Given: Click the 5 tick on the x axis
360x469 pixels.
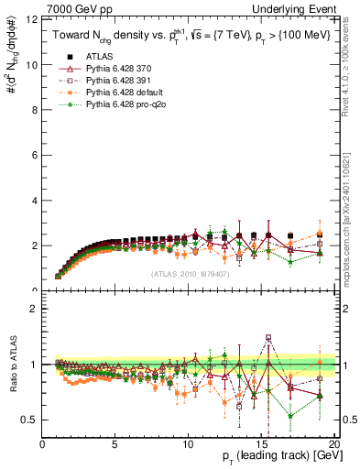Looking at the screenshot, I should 115,443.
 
